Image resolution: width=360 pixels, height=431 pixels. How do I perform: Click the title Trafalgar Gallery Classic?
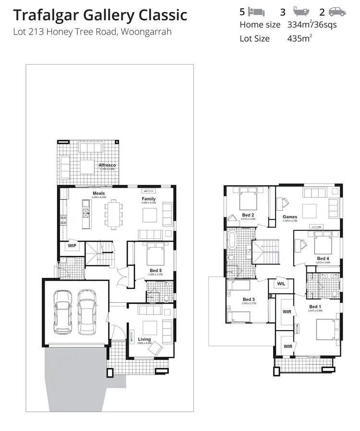(100, 15)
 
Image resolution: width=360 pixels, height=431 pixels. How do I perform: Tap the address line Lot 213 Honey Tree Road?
(92, 33)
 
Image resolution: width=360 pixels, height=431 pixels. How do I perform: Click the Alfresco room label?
(107, 165)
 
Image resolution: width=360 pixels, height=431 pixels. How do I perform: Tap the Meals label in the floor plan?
(98, 193)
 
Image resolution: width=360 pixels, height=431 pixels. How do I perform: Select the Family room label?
(148, 199)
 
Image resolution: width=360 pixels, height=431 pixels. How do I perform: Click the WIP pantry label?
(72, 246)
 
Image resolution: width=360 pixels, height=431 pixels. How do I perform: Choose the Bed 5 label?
(155, 270)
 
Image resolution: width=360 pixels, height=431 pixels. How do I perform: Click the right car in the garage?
(87, 312)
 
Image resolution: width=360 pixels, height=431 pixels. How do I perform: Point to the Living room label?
(144, 339)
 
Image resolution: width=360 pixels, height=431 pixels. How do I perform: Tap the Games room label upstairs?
(289, 217)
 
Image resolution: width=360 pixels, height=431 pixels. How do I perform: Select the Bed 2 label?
(248, 215)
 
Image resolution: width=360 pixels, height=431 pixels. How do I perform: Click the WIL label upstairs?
(281, 284)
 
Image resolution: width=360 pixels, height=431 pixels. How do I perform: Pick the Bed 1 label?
(314, 307)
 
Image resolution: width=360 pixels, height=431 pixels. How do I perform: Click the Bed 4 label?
(323, 259)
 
